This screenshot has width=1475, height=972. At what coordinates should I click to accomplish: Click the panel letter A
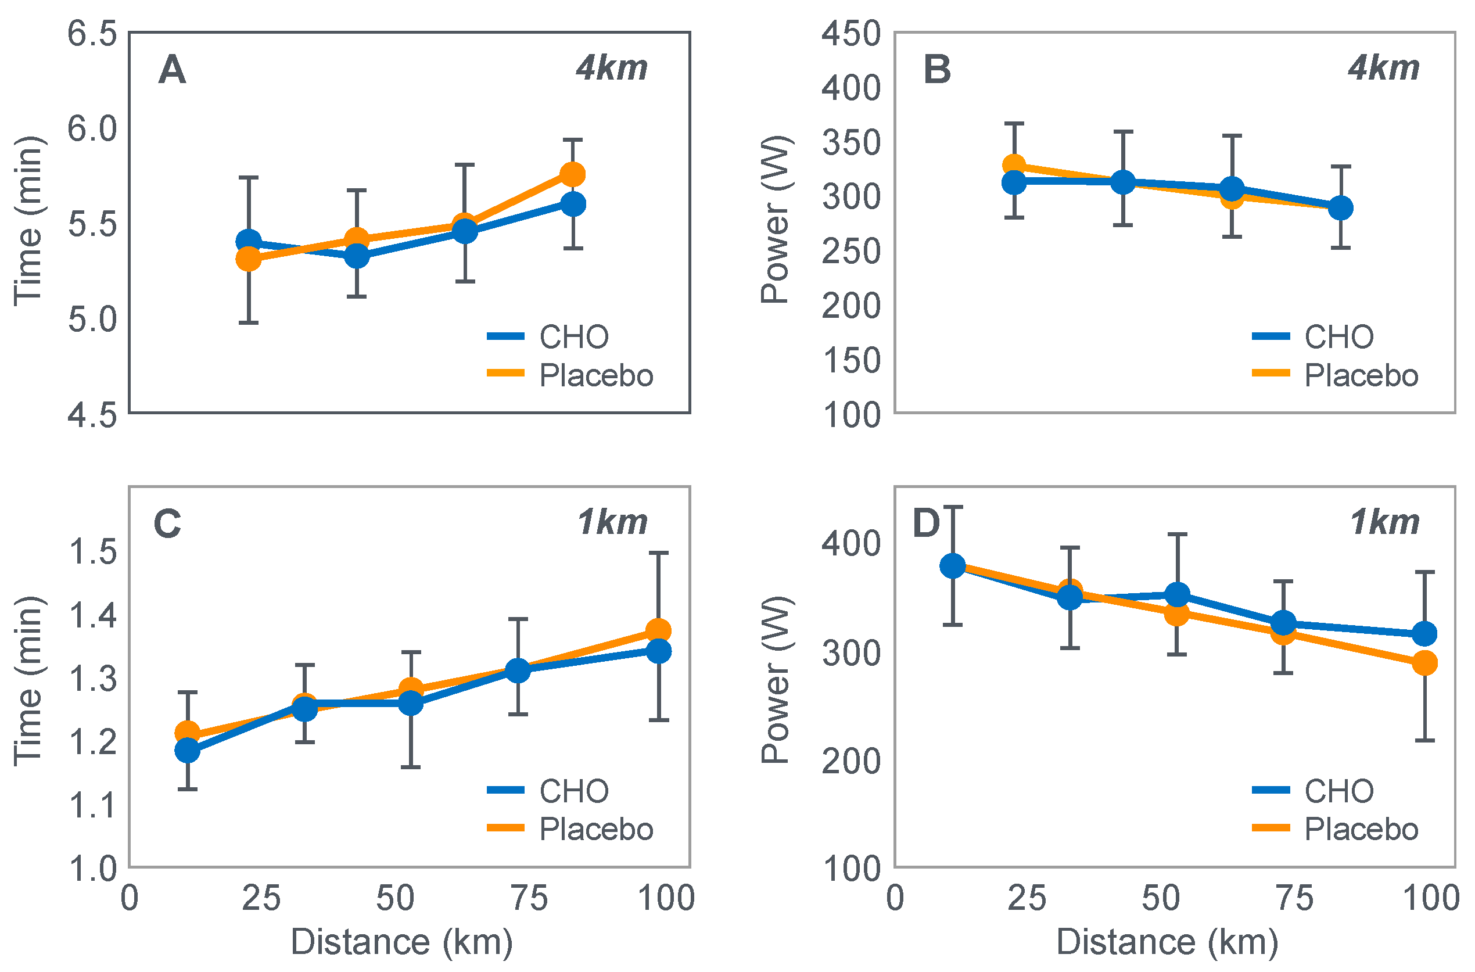pos(172,70)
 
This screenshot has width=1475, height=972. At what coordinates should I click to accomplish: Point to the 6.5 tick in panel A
pos(92,34)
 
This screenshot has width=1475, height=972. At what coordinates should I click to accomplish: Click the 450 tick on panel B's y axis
pos(851,34)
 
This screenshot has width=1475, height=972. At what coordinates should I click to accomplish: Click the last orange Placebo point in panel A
pos(573,175)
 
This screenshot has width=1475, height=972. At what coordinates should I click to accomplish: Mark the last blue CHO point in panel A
pos(573,204)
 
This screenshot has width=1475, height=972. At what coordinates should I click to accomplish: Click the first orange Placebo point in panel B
pos(1014,166)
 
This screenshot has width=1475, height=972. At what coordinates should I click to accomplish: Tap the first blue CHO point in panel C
pos(187,751)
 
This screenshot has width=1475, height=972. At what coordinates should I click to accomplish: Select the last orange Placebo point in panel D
pos(1425,663)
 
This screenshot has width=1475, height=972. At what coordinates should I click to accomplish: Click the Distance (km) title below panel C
pos(401,942)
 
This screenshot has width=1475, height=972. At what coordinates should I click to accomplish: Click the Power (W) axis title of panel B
pos(776,220)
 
